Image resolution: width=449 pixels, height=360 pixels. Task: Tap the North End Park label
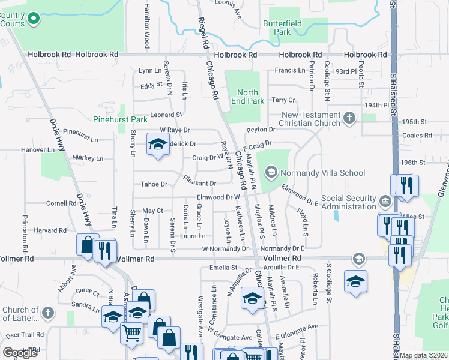coord(247,97)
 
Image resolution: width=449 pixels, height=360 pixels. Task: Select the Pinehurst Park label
coord(120,119)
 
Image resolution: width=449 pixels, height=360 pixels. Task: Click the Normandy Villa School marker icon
coord(271,173)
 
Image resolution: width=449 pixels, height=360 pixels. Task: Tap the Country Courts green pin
coord(34,19)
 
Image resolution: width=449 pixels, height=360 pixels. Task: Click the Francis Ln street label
coord(290,70)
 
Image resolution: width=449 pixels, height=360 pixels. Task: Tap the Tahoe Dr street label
coord(152,184)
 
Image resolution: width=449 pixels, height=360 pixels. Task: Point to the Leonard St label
coord(166,115)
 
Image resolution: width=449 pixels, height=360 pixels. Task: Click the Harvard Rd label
coord(50,230)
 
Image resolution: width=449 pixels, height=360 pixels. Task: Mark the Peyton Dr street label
coord(260,130)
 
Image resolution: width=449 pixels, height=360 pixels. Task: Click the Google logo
coord(20,353)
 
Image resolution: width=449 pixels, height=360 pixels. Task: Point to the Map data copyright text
coord(423,355)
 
